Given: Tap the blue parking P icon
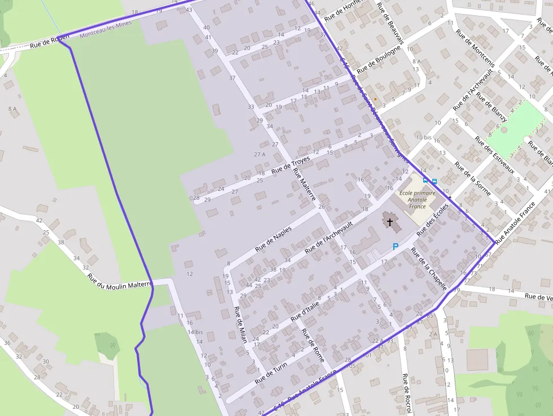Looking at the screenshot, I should tap(395, 246).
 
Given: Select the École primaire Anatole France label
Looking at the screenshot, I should tap(417, 199).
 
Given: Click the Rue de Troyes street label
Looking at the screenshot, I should tap(291, 164).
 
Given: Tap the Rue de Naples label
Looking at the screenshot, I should tap(273, 239).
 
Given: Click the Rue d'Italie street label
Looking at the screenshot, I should tap(305, 311).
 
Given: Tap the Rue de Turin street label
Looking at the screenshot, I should tap(271, 373).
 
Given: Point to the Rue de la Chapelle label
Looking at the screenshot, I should tap(429, 269).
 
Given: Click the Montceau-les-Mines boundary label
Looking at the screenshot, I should tap(106, 30).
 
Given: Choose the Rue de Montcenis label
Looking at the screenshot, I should tap(475, 49).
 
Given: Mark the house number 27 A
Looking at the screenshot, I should tap(260, 154).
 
